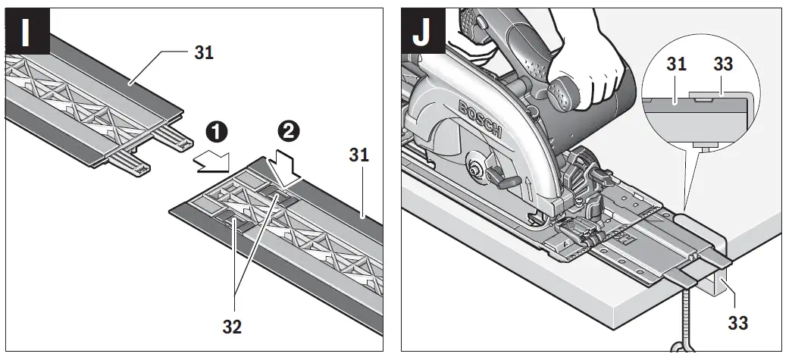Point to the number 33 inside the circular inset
[x=723, y=64]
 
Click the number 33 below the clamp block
[x=737, y=322]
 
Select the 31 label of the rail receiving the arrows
[x=359, y=155]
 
